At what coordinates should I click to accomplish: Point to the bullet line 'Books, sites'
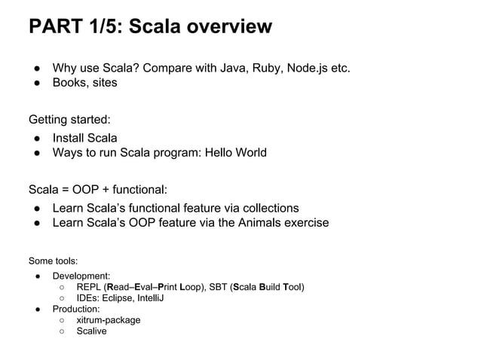pyautogui.click(x=84, y=83)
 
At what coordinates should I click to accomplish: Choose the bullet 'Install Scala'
pyautogui.click(x=84, y=139)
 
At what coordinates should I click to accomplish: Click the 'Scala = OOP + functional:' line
pyautogui.click(x=97, y=188)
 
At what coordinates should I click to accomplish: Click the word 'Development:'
pyautogui.click(x=81, y=276)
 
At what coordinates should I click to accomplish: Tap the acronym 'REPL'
pyautogui.click(x=89, y=288)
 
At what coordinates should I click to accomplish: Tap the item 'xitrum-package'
pyautogui.click(x=108, y=320)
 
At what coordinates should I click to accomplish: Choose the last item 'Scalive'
pyautogui.click(x=91, y=331)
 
